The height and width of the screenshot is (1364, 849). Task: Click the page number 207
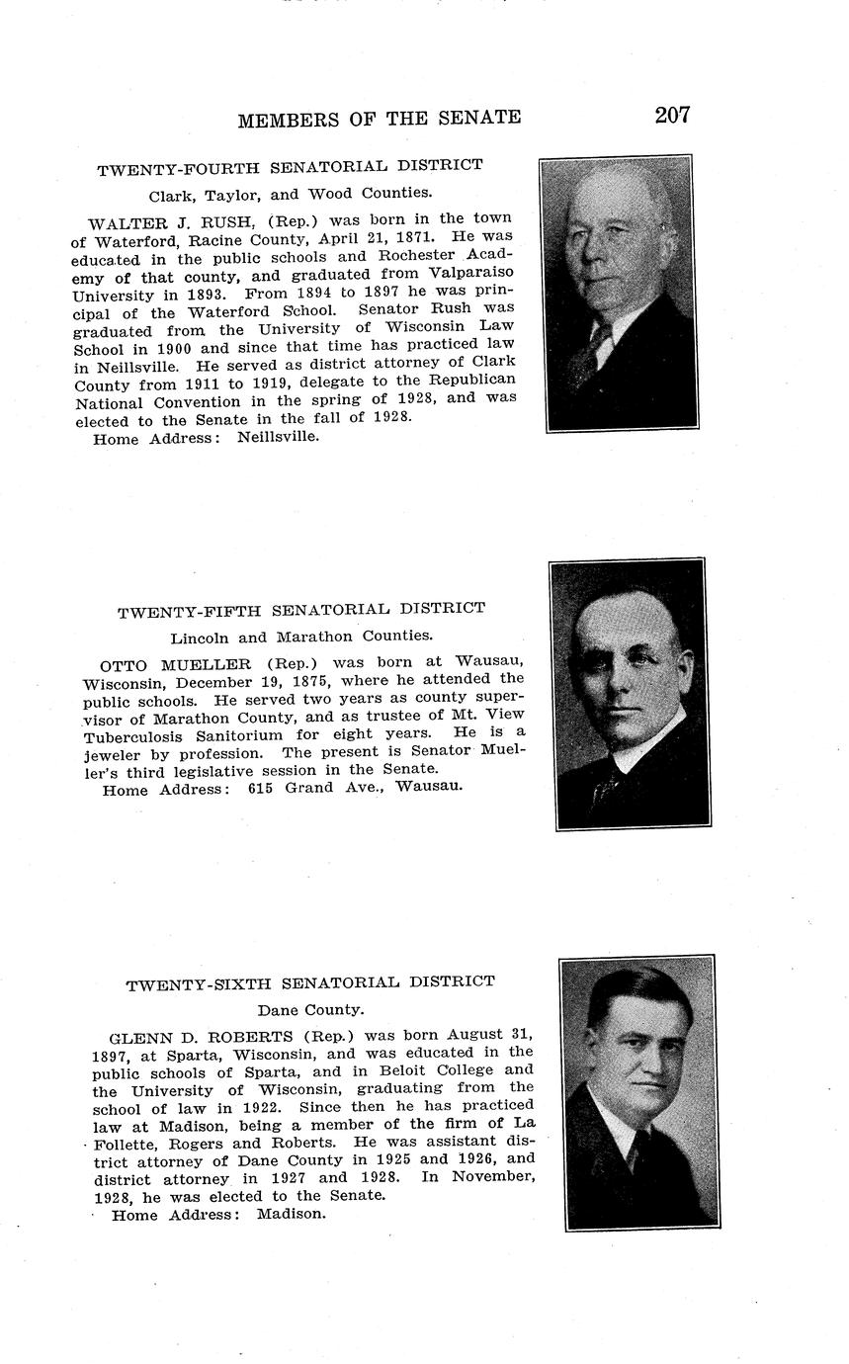[672, 115]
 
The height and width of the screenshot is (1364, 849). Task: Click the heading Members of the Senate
[379, 119]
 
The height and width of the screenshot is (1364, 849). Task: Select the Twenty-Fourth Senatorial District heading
[290, 167]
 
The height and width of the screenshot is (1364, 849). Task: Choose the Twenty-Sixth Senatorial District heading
[310, 983]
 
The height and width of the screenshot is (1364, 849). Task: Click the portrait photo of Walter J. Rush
[619, 293]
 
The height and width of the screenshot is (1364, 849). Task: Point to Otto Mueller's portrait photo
[630, 694]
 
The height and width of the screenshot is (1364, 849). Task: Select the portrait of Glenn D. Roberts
[639, 1092]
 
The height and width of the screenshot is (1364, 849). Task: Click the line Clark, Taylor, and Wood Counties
[290, 194]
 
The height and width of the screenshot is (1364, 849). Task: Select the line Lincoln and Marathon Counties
[301, 637]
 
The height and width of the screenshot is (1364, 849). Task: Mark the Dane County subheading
[310, 1010]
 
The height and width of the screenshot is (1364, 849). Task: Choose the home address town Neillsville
[278, 437]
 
